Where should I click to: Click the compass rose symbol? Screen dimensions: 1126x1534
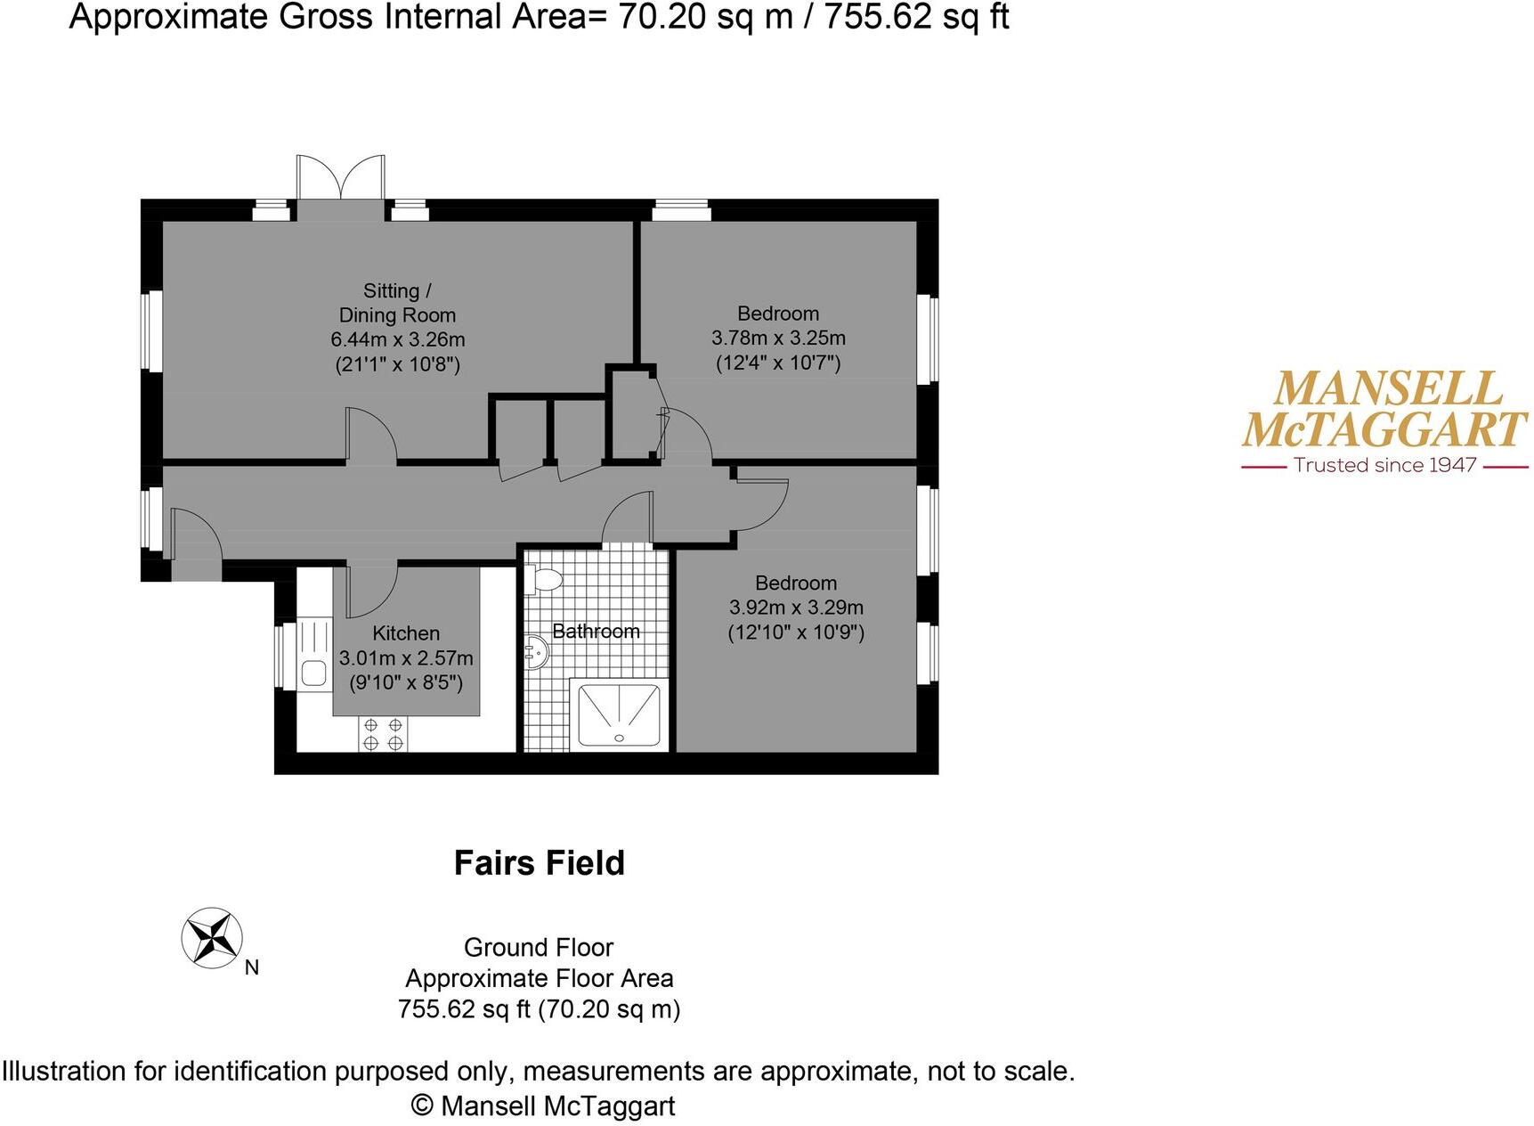tap(212, 937)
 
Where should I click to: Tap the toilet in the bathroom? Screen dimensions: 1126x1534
tap(543, 580)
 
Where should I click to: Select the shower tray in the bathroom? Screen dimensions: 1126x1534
tap(619, 714)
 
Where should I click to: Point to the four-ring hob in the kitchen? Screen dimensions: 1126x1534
tap(384, 734)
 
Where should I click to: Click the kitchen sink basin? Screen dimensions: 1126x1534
tap(312, 672)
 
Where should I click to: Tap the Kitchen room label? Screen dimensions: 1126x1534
tap(406, 633)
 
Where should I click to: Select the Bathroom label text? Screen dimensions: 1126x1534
tap(596, 632)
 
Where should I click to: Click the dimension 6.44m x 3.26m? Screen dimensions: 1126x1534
tap(398, 339)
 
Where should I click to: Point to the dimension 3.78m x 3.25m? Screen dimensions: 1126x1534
tap(778, 339)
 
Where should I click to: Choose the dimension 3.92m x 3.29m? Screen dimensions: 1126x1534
tap(796, 608)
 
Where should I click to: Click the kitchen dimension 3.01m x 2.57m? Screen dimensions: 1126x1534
tap(406, 658)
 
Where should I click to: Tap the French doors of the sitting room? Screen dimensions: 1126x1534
tap(341, 178)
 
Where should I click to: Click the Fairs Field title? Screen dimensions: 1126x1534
tap(540, 862)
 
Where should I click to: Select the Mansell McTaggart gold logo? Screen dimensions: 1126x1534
tap(1384, 410)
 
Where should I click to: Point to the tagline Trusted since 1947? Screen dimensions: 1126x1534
tap(1384, 465)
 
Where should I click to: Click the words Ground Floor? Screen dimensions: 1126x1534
tap(539, 947)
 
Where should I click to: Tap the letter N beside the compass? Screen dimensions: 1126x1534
tap(252, 967)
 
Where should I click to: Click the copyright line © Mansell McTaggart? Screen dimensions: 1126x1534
tap(543, 1106)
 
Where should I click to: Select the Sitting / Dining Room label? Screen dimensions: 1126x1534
tap(398, 303)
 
